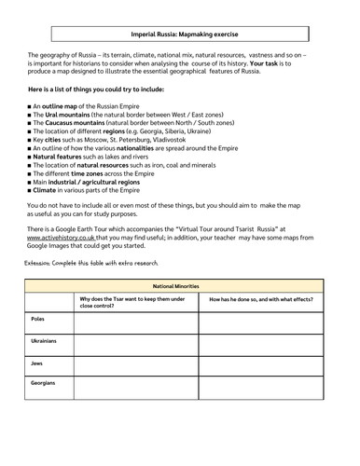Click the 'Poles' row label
pyautogui.click(x=39, y=320)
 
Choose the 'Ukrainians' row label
pyautogui.click(x=45, y=341)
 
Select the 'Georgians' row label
pyautogui.click(x=43, y=382)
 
